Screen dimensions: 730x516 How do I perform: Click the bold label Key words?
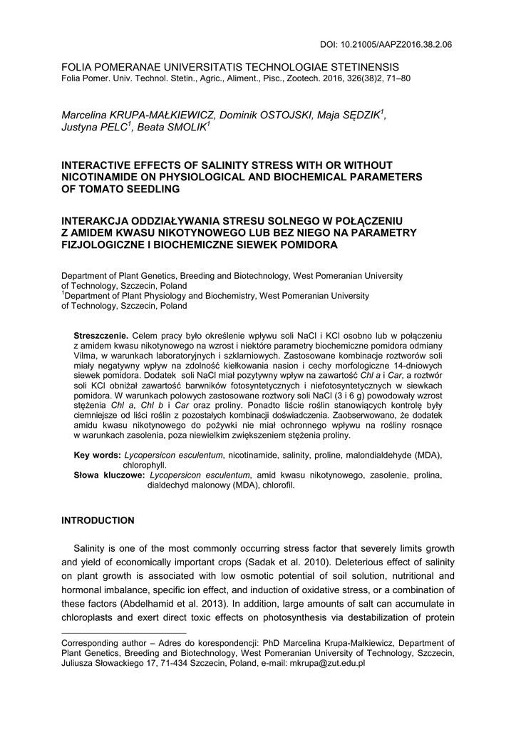98,455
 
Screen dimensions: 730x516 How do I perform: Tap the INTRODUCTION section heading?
98,520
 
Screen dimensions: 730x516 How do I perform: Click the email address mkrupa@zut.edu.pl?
327,663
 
